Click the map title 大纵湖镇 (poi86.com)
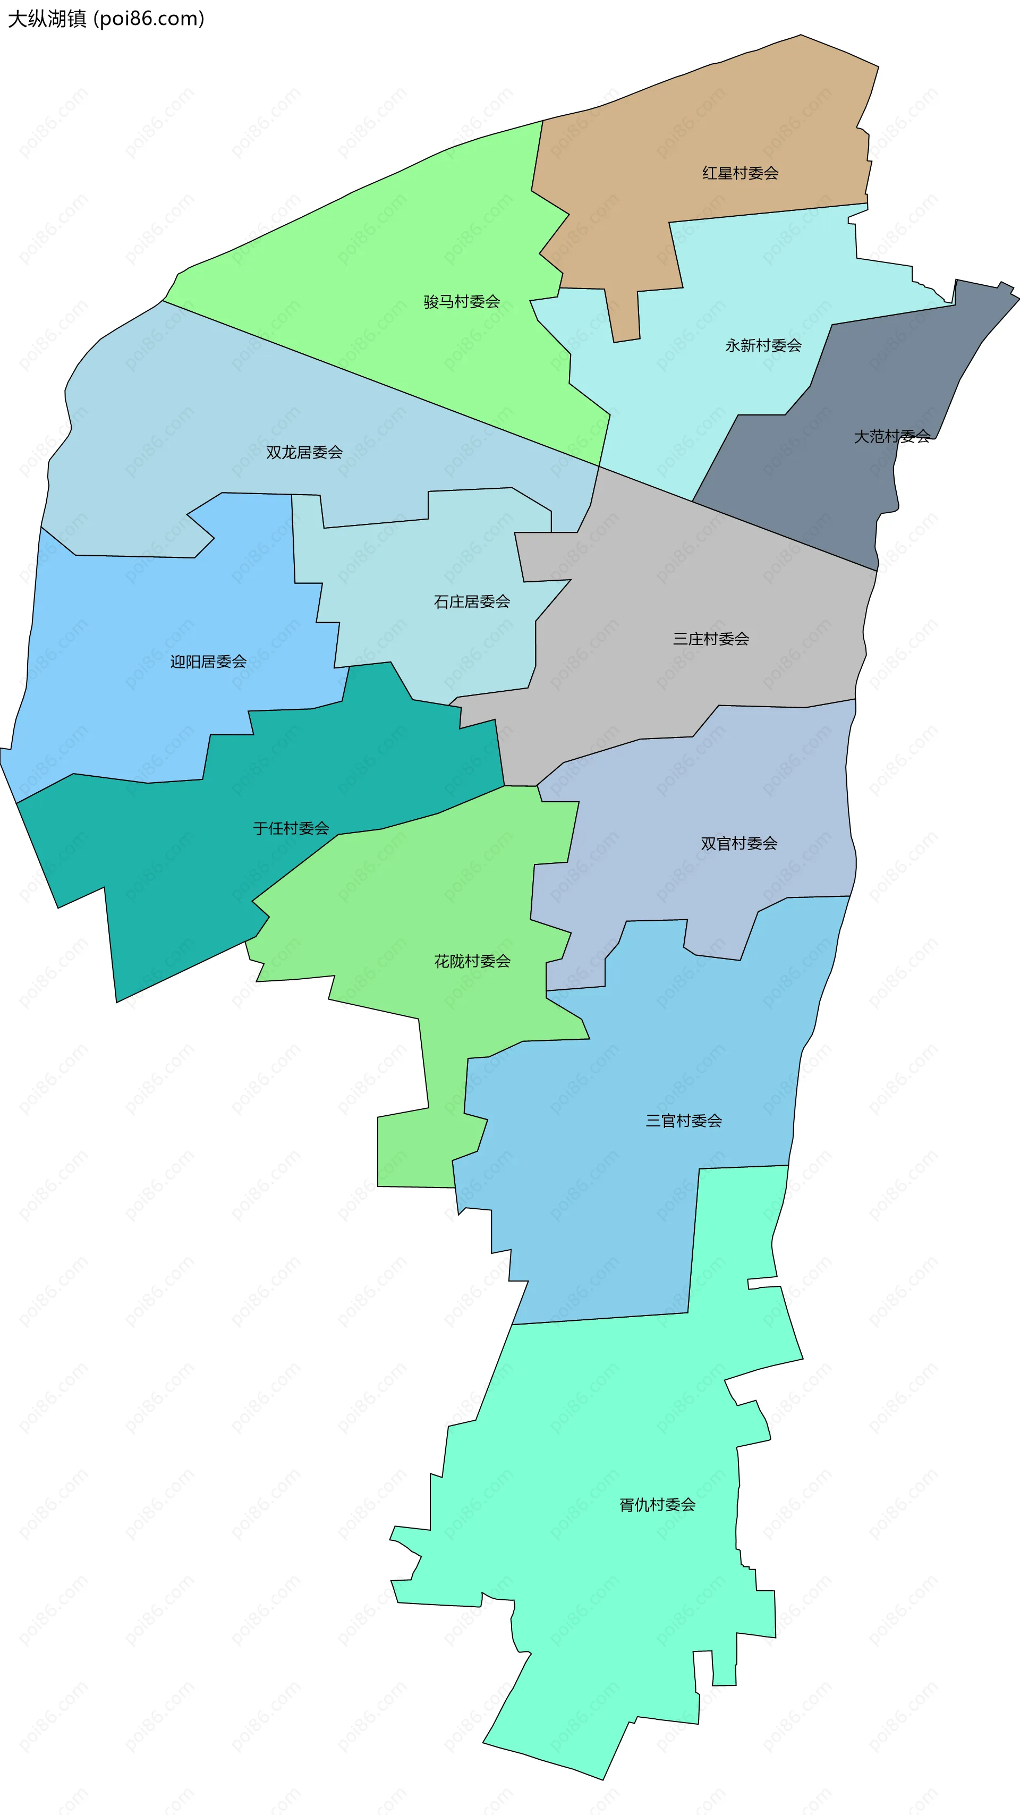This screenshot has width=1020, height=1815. click(x=106, y=18)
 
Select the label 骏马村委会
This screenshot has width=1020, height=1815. click(x=462, y=302)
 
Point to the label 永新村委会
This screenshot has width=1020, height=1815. click(x=763, y=346)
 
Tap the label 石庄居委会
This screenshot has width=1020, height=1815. click(x=471, y=601)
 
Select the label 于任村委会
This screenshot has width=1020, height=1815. click(x=291, y=828)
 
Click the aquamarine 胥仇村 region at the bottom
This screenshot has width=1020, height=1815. click(x=599, y=1621)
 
